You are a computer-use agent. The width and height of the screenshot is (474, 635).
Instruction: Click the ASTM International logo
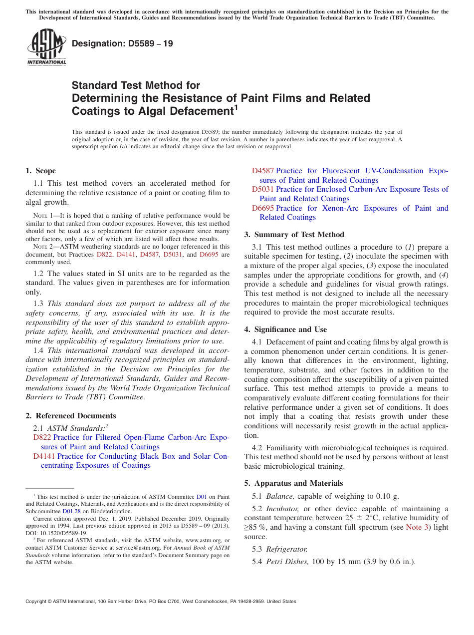click(46, 47)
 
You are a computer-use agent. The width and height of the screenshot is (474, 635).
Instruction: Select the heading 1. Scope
click(40, 171)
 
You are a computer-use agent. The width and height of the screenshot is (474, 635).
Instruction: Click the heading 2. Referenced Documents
click(70, 416)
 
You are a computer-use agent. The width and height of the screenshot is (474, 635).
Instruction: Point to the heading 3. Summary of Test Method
click(294, 235)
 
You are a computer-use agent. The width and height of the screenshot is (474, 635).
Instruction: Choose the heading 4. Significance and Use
click(285, 329)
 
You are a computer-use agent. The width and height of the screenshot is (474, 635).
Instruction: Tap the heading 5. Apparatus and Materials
click(293, 483)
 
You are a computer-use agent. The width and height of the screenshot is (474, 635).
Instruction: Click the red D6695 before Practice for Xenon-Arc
click(262, 208)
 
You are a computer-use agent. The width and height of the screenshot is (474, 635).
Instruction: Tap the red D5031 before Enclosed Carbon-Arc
click(262, 189)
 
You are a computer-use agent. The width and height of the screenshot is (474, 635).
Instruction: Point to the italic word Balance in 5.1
click(280, 496)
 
